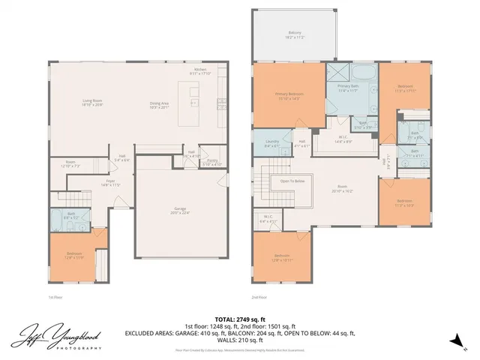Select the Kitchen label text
[199, 70]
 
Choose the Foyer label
[110, 181]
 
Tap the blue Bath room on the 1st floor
[70, 218]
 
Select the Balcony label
[295, 34]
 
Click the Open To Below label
[292, 181]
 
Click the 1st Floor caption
[54, 297]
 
